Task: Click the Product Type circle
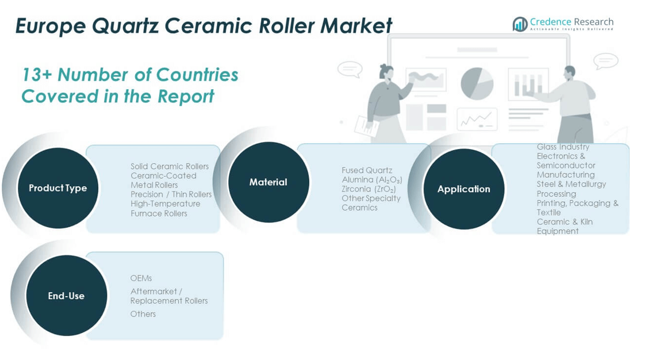point(57,188)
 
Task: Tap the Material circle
point(268,182)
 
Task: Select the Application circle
point(463,189)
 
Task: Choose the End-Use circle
point(66,296)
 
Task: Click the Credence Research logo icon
point(520,24)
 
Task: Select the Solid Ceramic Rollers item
point(170,167)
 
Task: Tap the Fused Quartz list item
point(367,170)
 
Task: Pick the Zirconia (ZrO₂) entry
point(369,189)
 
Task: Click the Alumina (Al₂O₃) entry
point(371,180)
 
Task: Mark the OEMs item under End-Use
point(141,278)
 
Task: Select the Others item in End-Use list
point(143,314)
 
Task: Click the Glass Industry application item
point(563,147)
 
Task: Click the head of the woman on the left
point(386,72)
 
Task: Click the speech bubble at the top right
point(605,60)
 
